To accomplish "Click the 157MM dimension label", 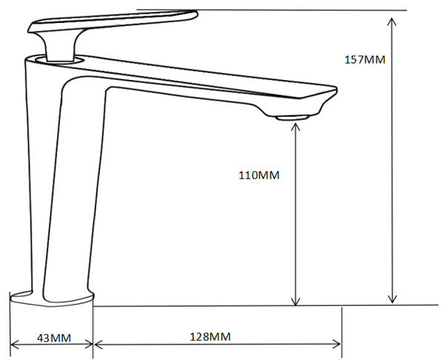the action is (365, 60).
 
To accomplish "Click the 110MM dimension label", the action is (259, 175).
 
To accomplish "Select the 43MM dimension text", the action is (54, 338).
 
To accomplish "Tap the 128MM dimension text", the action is (210, 337).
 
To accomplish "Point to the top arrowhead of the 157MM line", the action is (391, 21).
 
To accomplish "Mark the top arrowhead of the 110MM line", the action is (295, 127).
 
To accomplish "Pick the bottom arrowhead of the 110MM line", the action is (295, 303).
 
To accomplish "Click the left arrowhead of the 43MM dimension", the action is (13, 344).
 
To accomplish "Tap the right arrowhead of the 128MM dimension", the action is (337, 344).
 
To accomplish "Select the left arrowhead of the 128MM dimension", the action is (98, 344).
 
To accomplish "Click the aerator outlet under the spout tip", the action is (292, 117).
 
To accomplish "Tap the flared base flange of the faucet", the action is (52, 299).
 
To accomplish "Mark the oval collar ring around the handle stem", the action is (60, 60).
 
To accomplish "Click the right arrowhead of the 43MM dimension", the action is (90, 344).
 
